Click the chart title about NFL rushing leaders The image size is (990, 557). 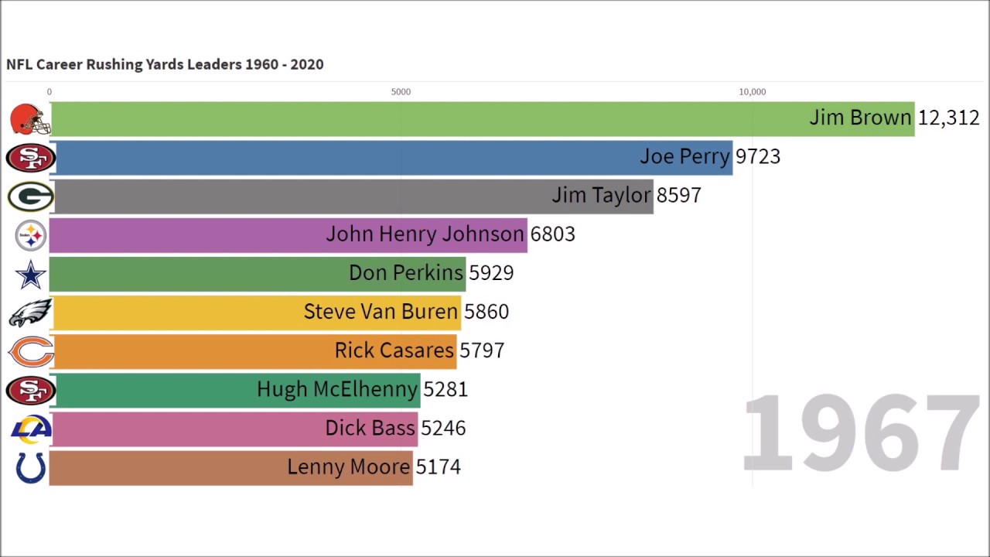(x=165, y=64)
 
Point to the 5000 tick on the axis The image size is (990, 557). (x=401, y=92)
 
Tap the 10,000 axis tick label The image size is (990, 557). (x=752, y=92)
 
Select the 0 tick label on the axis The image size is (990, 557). (x=49, y=92)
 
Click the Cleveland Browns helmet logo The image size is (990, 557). (x=30, y=120)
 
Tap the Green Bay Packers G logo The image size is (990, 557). (x=30, y=196)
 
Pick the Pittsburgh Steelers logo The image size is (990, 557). (x=31, y=235)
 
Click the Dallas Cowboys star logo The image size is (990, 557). (x=31, y=275)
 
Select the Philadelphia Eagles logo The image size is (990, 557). (x=30, y=313)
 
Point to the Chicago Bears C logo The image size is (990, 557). (x=31, y=352)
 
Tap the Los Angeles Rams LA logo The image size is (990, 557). (x=31, y=429)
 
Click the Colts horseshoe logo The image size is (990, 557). (x=31, y=467)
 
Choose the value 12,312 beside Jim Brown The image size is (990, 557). (x=948, y=118)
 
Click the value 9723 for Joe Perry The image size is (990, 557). (x=757, y=157)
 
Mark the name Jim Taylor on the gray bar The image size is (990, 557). (x=601, y=196)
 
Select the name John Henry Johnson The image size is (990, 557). (x=425, y=234)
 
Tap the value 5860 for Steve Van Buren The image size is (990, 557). (x=486, y=312)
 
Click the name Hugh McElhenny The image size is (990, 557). (x=337, y=389)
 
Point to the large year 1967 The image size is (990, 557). (x=860, y=433)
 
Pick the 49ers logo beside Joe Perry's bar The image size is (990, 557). (x=30, y=158)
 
